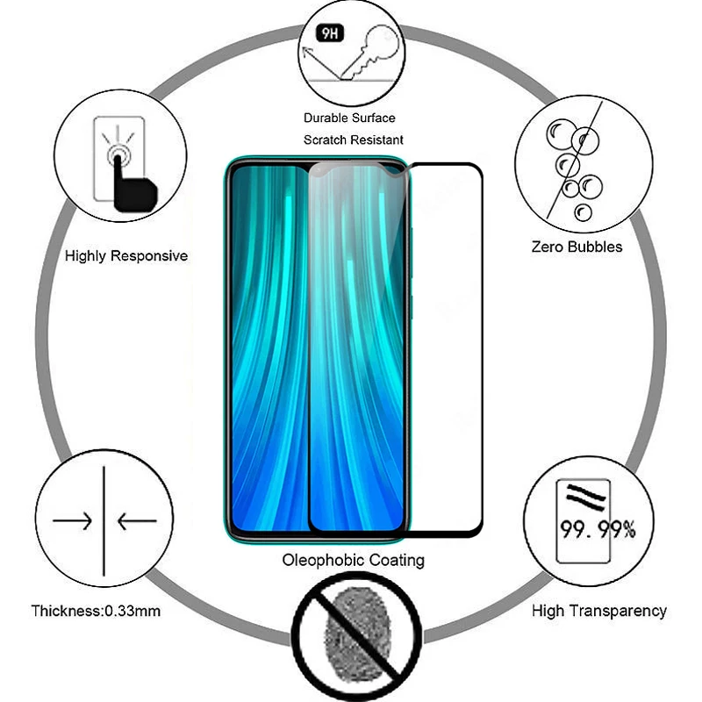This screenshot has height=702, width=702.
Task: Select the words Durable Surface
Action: pyautogui.click(x=349, y=118)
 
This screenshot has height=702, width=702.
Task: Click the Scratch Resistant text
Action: pyautogui.click(x=354, y=140)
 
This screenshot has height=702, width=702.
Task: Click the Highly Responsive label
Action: pyautogui.click(x=126, y=256)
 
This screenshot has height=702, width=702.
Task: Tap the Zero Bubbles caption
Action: pyautogui.click(x=577, y=247)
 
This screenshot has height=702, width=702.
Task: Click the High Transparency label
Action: pyautogui.click(x=598, y=611)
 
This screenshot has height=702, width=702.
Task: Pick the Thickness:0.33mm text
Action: pyautogui.click(x=96, y=611)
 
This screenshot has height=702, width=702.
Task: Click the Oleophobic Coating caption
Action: pyautogui.click(x=353, y=560)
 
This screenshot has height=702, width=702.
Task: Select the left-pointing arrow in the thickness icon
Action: pyautogui.click(x=136, y=521)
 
